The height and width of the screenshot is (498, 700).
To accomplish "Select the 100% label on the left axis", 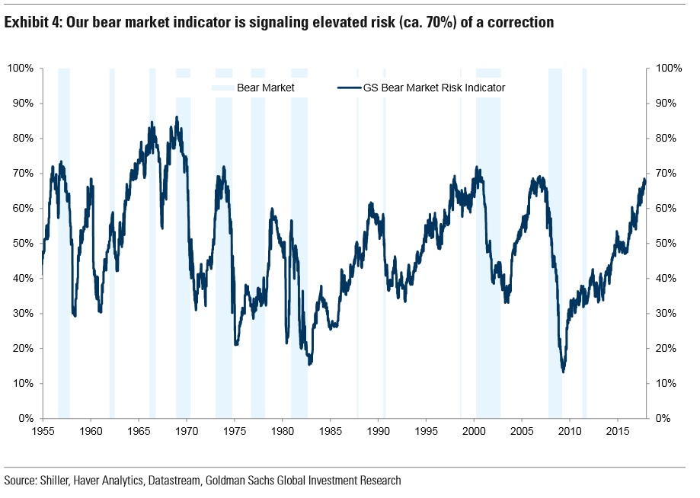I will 19,69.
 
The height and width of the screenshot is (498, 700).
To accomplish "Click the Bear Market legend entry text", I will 265,88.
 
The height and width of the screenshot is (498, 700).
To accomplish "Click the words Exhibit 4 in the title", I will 32,23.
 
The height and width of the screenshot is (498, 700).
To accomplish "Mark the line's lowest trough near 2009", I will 563,372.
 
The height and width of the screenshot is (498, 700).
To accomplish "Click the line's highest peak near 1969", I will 177,117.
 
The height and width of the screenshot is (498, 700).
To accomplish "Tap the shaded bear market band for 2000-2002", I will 488,305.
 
